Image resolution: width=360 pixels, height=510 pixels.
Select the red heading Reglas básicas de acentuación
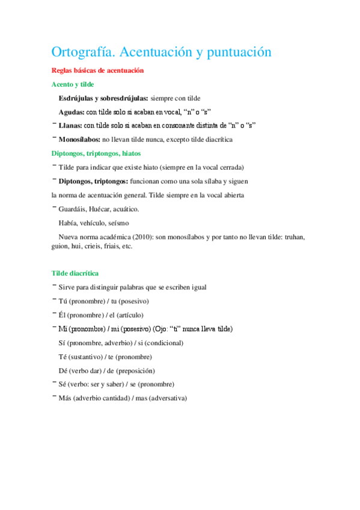click(98, 71)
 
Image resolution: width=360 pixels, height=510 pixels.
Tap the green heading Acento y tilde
click(73, 85)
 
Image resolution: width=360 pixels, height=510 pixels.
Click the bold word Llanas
click(70, 126)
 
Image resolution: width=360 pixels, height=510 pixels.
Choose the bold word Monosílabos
click(79, 140)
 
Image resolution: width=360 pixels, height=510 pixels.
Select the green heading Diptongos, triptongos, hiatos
click(96, 153)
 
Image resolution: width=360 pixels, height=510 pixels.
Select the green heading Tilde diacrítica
click(75, 273)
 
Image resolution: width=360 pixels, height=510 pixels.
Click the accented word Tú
click(62, 301)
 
